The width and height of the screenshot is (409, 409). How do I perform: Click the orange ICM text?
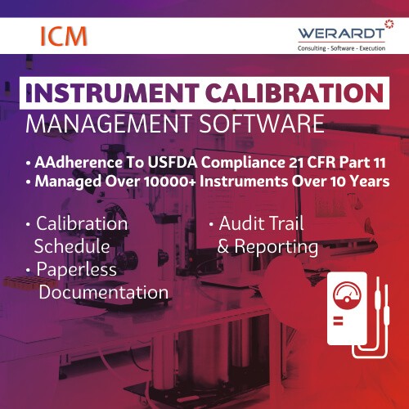point(62,36)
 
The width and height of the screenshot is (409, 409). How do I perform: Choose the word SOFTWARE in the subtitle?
point(258,125)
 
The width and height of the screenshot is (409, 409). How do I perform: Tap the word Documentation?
point(104,292)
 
